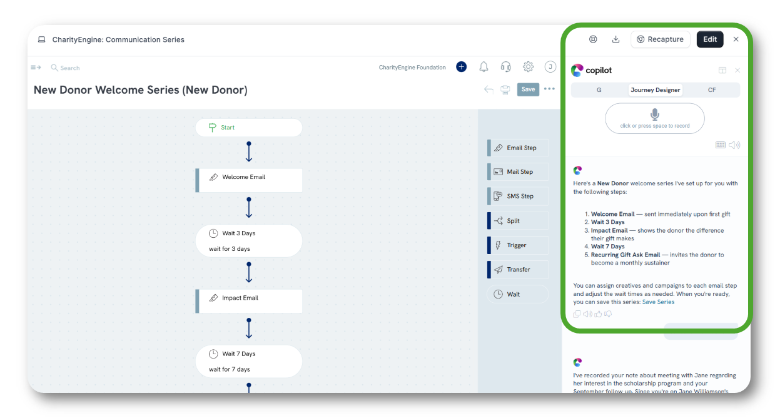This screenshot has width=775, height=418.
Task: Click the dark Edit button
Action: pos(709,39)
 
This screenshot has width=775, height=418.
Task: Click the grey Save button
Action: pos(528,89)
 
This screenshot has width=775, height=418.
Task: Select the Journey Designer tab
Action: pos(656,90)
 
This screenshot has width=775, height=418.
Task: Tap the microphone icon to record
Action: pos(655,114)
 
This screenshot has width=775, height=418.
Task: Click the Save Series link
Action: pos(658,302)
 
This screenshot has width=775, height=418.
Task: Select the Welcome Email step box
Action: pos(249,180)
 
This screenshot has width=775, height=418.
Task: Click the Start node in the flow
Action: pos(249,128)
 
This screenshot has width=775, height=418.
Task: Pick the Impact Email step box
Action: pos(249,302)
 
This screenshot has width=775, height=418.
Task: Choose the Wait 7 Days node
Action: pos(249,361)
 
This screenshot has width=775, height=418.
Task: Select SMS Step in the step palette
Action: pos(518,196)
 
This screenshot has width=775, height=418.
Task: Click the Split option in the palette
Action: pos(518,221)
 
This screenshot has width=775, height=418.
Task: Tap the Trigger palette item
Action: pos(518,245)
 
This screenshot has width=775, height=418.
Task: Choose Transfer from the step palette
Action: pos(518,270)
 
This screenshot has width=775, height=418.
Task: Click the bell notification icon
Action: pos(484,67)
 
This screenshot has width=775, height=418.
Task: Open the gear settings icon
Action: pos(528,67)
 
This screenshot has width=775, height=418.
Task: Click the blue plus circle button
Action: pos(461,67)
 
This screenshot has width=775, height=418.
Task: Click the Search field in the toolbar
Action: pos(66,68)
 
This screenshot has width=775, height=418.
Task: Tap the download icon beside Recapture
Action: pos(615,39)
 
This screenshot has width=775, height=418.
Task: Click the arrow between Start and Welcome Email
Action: pos(249,151)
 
